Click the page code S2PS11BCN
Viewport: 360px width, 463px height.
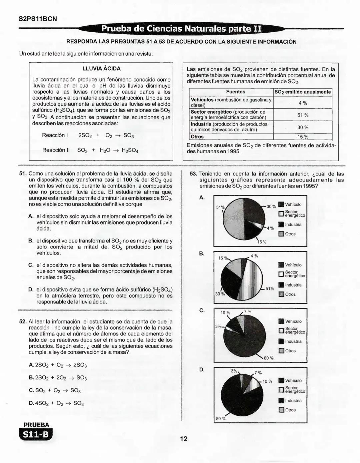point(38,19)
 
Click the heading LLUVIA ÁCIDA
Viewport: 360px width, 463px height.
point(101,69)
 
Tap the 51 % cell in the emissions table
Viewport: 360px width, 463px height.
point(303,115)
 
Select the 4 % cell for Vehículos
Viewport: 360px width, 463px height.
point(303,103)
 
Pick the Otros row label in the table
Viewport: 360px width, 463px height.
point(197,137)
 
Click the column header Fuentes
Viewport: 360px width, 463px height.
point(235,92)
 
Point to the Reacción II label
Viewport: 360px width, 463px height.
point(56,150)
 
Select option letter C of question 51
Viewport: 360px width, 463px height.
point(31,265)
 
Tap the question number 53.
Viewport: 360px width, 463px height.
point(193,174)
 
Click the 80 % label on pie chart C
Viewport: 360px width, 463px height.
point(269,358)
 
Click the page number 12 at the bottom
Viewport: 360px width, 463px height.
point(184,439)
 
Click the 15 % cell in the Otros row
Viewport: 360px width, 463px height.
point(303,137)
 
